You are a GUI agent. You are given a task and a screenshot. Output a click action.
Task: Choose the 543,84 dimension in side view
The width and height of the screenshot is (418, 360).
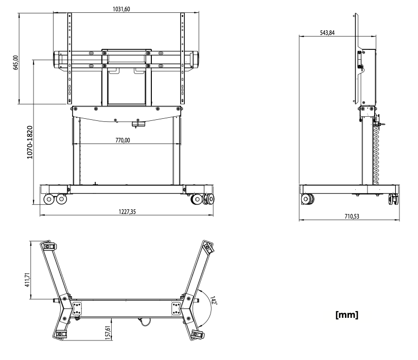click(328, 32)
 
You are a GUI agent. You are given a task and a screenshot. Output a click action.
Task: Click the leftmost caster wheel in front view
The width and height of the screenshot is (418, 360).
click(49, 199)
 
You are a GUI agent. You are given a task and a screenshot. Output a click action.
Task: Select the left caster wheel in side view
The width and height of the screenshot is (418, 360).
click(309, 199)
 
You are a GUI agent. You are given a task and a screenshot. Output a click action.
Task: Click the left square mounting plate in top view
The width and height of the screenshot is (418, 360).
click(78, 309)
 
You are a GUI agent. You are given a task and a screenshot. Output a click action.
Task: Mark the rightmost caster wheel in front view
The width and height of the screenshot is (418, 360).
click(208, 199)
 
